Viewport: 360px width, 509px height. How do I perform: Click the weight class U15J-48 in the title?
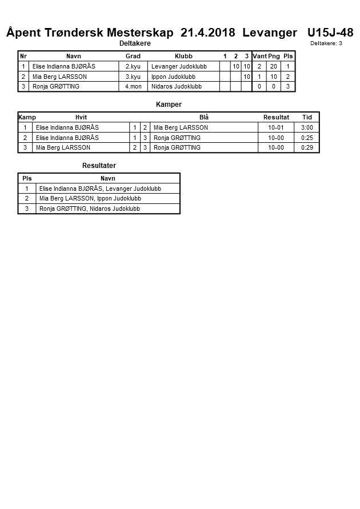(x=330, y=33)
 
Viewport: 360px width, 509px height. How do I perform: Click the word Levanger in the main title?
(x=269, y=33)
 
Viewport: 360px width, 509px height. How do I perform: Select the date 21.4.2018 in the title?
(x=207, y=33)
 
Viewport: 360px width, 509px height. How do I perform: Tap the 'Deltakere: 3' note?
(x=326, y=43)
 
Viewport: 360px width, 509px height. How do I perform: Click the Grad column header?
(x=133, y=57)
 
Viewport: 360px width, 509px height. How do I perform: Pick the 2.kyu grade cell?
(x=133, y=66)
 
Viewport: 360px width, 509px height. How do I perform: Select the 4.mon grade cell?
(x=133, y=87)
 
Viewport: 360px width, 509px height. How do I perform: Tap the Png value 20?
(x=274, y=66)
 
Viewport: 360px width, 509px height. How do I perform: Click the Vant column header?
(x=259, y=57)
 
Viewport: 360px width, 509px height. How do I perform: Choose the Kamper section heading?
(x=169, y=105)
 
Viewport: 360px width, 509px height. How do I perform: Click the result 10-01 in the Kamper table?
(x=276, y=127)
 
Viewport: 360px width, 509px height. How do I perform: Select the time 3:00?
(x=307, y=127)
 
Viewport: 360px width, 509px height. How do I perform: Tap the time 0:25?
(x=307, y=138)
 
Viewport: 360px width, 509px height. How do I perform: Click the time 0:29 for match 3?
(x=307, y=148)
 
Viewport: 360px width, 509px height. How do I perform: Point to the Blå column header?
(x=203, y=118)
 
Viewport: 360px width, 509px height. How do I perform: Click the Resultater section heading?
(x=99, y=166)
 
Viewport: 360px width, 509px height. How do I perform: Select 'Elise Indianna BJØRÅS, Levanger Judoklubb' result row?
(x=100, y=189)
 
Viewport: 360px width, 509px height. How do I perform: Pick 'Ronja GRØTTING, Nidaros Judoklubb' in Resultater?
(x=90, y=209)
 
